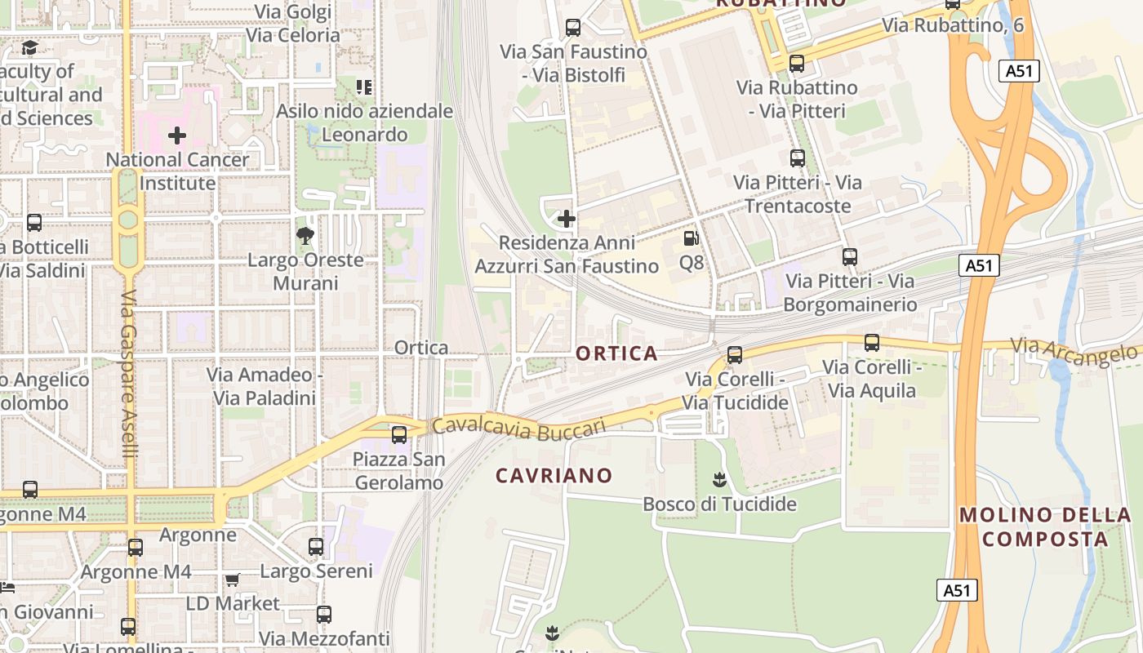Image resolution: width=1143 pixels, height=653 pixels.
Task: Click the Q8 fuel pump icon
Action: coord(691,238)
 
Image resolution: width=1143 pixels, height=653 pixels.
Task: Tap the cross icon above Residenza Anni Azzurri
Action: coord(566,219)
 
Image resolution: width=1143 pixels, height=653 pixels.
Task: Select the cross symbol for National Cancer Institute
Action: coord(177,135)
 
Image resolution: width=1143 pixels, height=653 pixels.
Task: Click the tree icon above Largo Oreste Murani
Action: coord(306,237)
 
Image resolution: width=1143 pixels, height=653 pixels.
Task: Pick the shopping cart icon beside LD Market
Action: coord(232,580)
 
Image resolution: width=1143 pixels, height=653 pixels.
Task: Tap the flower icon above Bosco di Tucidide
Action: coord(719,479)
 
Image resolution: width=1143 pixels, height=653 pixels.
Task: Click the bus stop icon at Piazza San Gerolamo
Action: coord(399,435)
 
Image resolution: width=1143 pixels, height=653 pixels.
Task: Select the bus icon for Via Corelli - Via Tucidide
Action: coord(735,355)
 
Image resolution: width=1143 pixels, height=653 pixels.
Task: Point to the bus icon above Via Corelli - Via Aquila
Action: coord(872,343)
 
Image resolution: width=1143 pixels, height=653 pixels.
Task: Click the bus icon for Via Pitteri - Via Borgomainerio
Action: coord(850,257)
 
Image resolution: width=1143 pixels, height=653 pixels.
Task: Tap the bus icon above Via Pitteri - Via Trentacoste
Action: coord(798,158)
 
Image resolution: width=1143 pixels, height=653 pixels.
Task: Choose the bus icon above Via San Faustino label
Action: coord(573,28)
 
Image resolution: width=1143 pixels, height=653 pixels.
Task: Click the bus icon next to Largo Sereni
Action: coord(316,547)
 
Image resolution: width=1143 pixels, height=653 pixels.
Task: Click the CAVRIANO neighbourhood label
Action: coord(554,475)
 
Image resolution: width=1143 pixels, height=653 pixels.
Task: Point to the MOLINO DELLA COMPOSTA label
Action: coord(1045,526)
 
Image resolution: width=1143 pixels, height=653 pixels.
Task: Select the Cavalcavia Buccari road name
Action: coord(519,427)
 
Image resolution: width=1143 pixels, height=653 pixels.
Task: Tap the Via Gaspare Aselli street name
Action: coord(130,384)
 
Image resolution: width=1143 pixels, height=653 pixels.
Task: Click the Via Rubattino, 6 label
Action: coord(952,25)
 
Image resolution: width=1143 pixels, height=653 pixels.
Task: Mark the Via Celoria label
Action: coord(293,35)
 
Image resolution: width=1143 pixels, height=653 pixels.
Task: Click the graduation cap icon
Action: coord(30,47)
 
